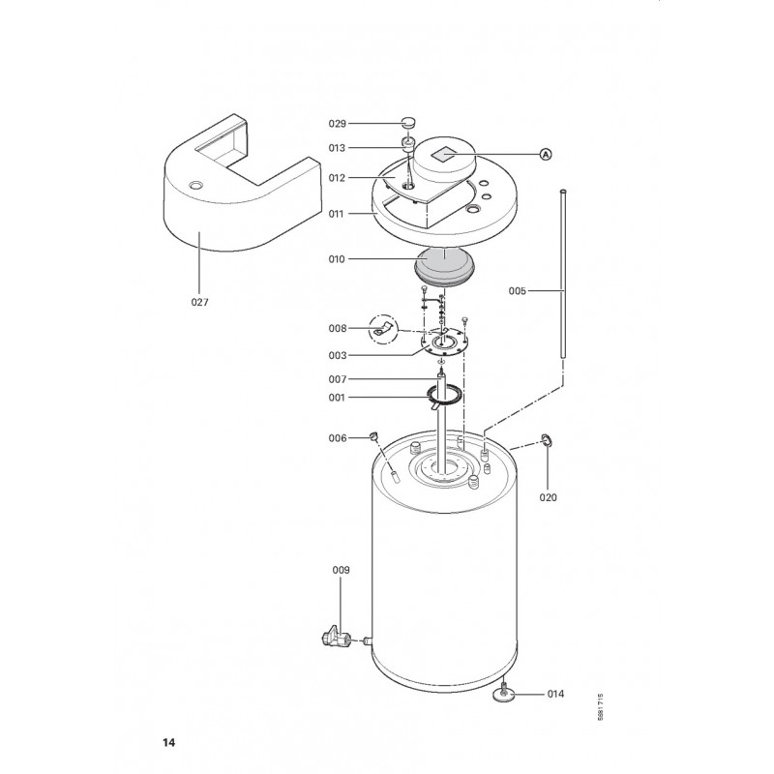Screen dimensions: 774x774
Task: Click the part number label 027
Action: tap(200, 302)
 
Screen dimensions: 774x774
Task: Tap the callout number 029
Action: tap(338, 124)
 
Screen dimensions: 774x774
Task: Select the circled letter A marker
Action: tap(546, 155)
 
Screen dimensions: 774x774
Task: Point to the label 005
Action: tap(518, 291)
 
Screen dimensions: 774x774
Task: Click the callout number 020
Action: tap(548, 497)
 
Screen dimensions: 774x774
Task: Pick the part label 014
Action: tap(555, 694)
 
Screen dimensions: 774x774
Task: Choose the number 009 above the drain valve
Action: tap(341, 570)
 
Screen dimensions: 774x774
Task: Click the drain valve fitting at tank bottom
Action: tap(336, 637)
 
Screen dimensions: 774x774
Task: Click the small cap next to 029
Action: tap(408, 122)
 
